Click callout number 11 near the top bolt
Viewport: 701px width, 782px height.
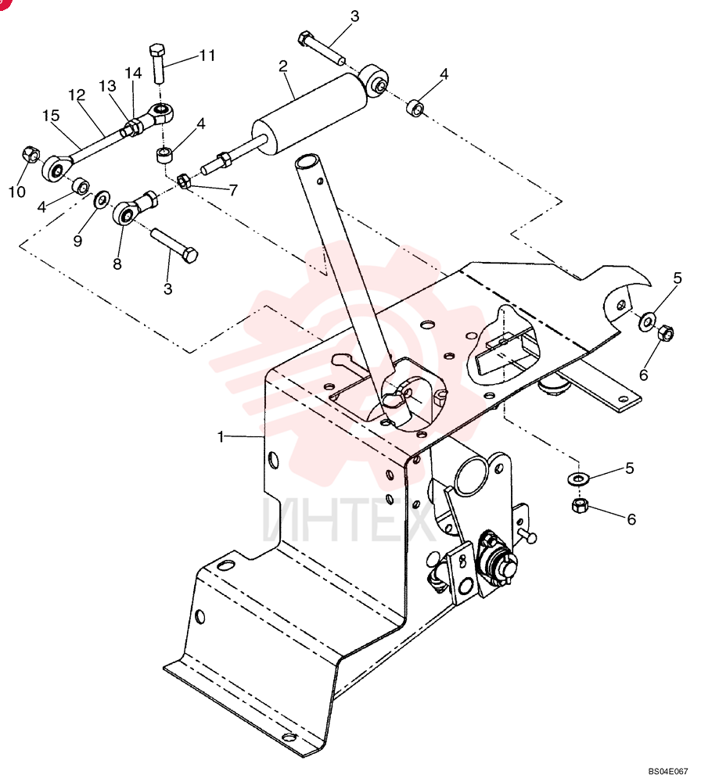click(207, 55)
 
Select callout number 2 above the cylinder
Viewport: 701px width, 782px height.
click(283, 66)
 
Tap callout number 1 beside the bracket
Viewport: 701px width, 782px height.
click(221, 437)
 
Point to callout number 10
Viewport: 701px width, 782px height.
click(17, 192)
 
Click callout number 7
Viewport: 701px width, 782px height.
click(233, 190)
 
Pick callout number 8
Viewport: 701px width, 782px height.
click(117, 264)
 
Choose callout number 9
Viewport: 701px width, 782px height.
click(77, 242)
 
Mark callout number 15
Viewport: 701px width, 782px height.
click(51, 116)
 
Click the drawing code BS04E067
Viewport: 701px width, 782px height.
click(668, 770)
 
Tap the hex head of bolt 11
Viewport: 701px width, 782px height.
click(156, 50)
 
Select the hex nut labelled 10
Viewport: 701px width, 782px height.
click(31, 154)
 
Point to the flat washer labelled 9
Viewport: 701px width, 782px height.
click(102, 199)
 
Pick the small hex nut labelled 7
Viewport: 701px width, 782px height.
click(184, 181)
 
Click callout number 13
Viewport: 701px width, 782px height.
click(107, 86)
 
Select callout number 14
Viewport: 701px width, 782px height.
click(133, 74)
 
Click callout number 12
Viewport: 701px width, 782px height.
click(77, 95)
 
